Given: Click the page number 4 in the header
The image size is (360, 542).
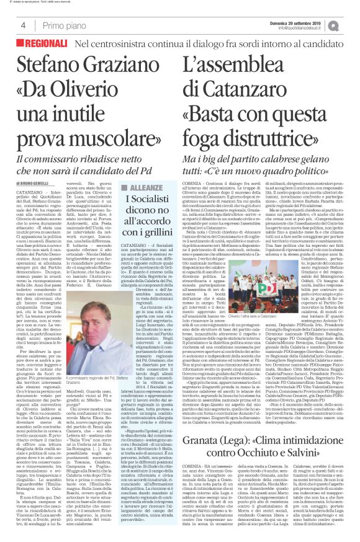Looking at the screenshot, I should click(23, 25).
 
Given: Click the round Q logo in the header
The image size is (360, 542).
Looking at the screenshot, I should click(351, 25).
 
